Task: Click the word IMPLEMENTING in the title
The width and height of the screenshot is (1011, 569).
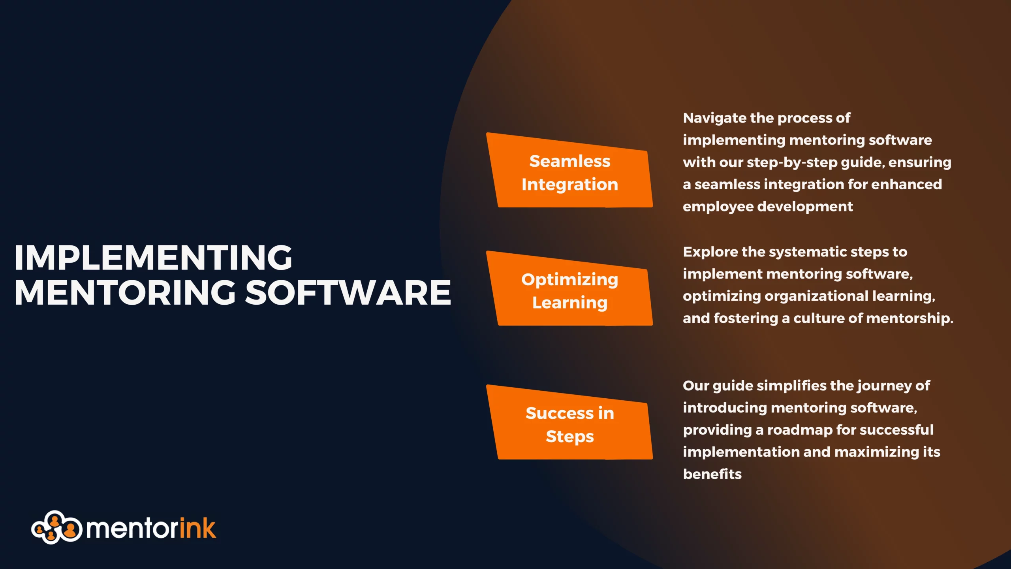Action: point(153,258)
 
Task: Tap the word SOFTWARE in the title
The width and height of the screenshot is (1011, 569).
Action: point(348,293)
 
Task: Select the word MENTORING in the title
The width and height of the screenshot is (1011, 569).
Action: point(125,293)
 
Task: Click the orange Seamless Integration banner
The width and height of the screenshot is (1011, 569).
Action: point(569,170)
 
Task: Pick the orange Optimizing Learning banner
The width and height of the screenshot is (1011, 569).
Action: point(569,289)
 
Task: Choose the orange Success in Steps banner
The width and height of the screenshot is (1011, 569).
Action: point(569,422)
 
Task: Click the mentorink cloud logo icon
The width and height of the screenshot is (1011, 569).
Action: point(56,528)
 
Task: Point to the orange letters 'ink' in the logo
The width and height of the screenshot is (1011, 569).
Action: point(198,528)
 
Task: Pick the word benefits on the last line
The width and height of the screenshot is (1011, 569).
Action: point(712,474)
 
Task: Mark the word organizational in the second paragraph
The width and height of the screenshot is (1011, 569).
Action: point(816,296)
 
